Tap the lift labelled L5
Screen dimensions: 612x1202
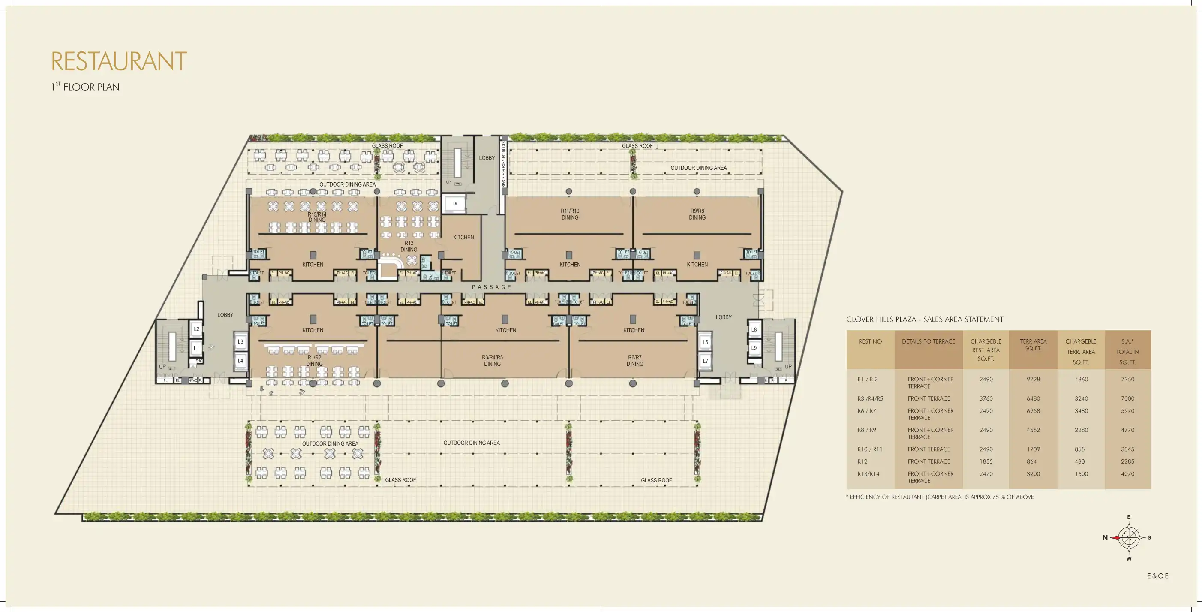(455, 204)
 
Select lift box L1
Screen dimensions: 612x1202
(196, 348)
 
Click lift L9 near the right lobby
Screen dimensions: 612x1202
(754, 348)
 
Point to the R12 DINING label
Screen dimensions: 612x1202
(409, 246)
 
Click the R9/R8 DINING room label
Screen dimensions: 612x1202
(697, 214)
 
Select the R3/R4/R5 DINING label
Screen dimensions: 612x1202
(492, 360)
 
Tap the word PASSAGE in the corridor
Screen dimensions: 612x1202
(492, 287)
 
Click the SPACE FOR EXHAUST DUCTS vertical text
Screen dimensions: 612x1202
(504, 164)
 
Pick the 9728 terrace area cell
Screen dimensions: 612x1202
(1033, 380)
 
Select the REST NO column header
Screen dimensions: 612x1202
(870, 342)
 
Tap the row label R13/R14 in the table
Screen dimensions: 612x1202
(868, 474)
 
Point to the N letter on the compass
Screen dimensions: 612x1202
(1105, 538)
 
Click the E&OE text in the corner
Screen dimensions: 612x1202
(1158, 576)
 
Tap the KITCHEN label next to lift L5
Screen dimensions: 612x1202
(463, 238)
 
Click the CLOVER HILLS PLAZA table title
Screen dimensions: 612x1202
(924, 320)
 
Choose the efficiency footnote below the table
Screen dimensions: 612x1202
(940, 497)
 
